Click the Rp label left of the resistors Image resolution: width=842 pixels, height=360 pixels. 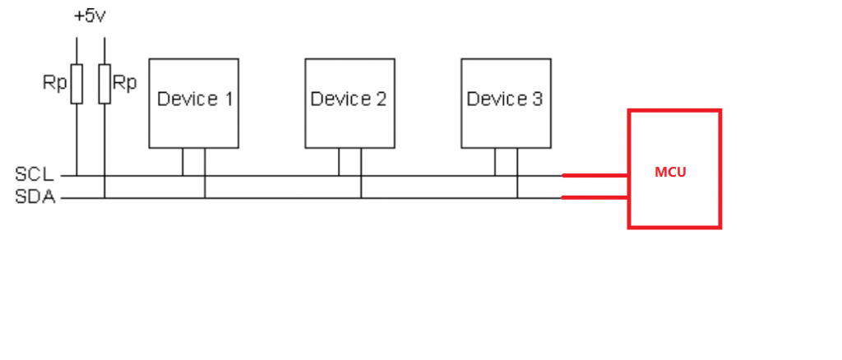pyautogui.click(x=56, y=83)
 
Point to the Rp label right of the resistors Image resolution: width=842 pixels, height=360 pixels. pyautogui.click(x=125, y=83)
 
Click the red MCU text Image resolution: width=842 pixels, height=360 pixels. pyautogui.click(x=670, y=173)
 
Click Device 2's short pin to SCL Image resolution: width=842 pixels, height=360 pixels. pyautogui.click(x=339, y=162)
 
